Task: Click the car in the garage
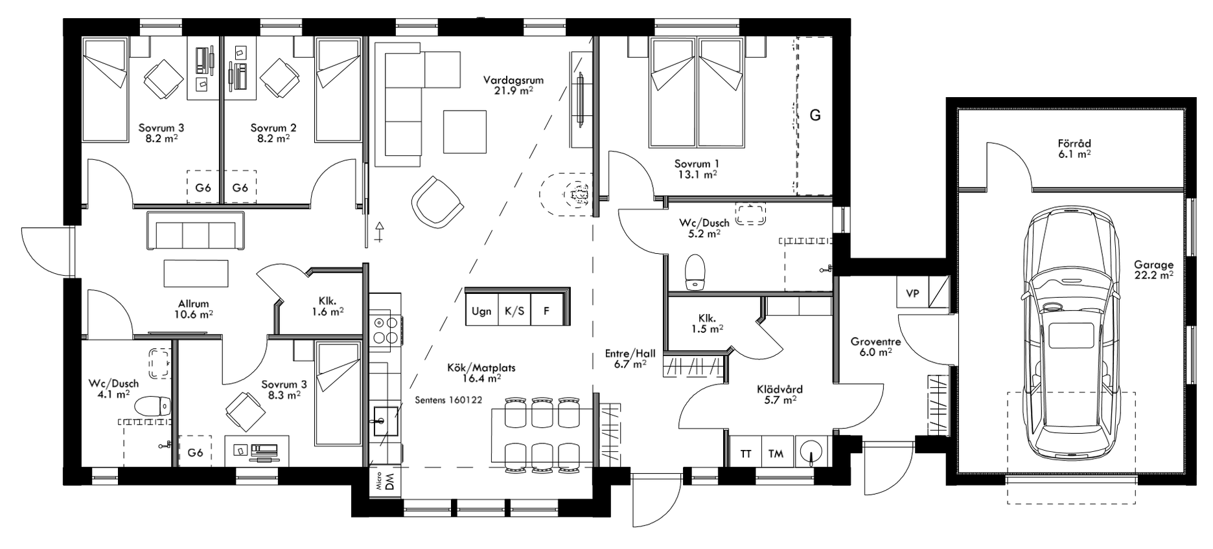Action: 1070,337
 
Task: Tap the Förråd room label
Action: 1074,148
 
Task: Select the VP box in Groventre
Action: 912,293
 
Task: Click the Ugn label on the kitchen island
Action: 481,311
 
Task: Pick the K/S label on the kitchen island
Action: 514,311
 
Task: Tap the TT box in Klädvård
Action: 745,454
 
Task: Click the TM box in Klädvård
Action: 776,454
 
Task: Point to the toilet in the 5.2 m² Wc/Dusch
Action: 695,271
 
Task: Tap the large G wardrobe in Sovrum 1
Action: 814,115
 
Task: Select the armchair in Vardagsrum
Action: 437,201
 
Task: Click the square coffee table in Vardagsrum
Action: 465,131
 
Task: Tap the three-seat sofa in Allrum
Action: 196,230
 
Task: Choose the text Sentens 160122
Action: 448,400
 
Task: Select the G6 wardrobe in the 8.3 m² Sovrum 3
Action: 195,452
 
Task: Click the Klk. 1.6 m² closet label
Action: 327,306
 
